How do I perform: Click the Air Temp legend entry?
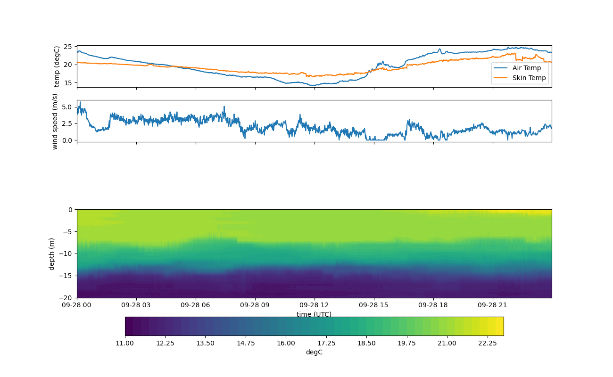[526, 68]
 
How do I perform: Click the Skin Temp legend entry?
[529, 78]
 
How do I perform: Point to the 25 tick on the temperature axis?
[68, 47]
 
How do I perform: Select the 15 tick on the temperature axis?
[68, 82]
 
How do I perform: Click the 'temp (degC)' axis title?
[57, 66]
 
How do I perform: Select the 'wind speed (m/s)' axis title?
[55, 121]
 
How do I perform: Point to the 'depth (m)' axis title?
[52, 254]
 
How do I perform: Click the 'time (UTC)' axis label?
[314, 314]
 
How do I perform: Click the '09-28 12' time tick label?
[314, 305]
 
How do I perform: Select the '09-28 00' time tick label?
[77, 305]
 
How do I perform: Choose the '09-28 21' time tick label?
[493, 305]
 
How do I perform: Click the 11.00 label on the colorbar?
[125, 343]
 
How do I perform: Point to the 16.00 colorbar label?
[286, 343]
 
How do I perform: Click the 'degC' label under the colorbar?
[314, 352]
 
